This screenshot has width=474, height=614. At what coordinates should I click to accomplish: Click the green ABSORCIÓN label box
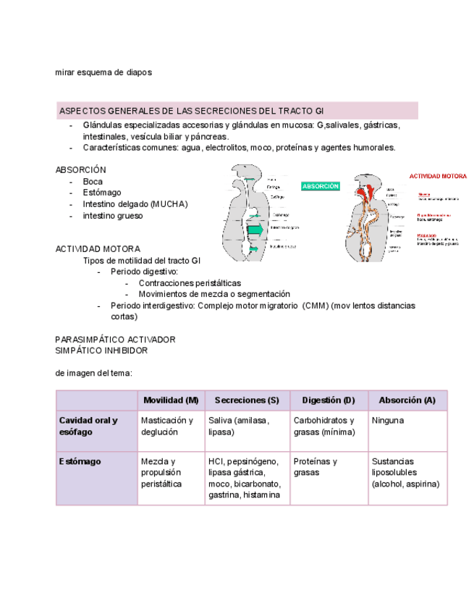pyautogui.click(x=321, y=186)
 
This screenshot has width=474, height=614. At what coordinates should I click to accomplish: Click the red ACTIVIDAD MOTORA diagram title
pyautogui.click(x=438, y=176)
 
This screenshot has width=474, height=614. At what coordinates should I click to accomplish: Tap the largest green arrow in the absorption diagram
pyautogui.click(x=255, y=230)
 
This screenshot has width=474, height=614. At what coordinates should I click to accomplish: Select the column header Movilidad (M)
pyautogui.click(x=171, y=400)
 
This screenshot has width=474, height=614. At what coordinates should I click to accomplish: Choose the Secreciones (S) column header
pyautogui.click(x=247, y=400)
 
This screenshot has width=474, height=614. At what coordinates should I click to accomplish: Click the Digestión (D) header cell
pyautogui.click(x=329, y=400)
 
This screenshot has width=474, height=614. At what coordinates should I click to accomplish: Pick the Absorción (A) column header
pyautogui.click(x=407, y=400)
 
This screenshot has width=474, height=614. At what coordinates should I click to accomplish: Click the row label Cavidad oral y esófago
pyautogui.click(x=88, y=426)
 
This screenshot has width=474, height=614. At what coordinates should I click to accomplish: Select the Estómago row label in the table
pyautogui.click(x=80, y=461)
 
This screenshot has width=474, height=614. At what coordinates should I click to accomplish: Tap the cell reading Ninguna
pyautogui.click(x=388, y=420)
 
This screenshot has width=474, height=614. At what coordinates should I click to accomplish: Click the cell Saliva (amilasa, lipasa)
pyautogui.click(x=240, y=426)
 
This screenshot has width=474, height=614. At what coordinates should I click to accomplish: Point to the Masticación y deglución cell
pyautogui.click(x=167, y=426)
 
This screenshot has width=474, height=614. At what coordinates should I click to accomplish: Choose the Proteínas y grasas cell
pyautogui.click(x=316, y=467)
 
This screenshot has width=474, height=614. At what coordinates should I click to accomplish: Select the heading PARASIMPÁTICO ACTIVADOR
pyautogui.click(x=116, y=339)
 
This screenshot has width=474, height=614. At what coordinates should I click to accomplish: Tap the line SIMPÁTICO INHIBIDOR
pyautogui.click(x=102, y=350)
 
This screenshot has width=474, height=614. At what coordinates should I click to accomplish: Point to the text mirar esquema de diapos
pyautogui.click(x=103, y=72)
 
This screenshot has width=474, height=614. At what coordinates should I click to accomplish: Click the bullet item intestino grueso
pyautogui.click(x=113, y=216)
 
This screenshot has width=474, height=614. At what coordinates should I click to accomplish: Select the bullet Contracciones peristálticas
pyautogui.click(x=190, y=283)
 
